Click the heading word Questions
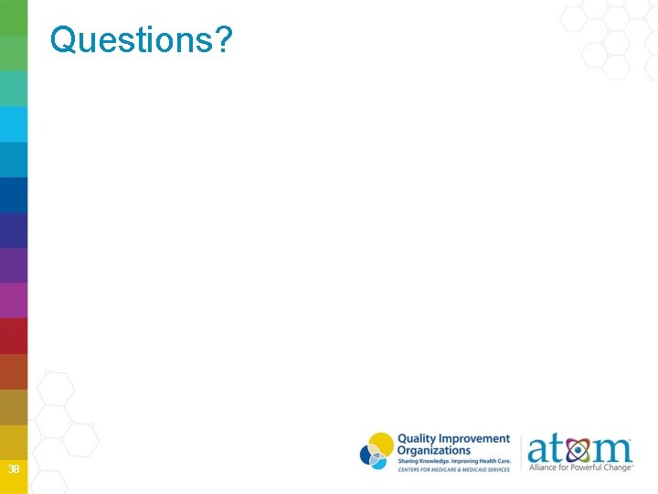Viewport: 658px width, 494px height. coord(133,39)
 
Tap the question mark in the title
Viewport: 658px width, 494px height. coord(224,39)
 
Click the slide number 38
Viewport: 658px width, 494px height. coord(13,469)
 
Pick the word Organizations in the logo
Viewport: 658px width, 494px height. coord(433,450)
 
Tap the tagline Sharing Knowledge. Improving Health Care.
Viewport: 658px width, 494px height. coord(453,461)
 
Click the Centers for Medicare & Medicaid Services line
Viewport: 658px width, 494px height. coord(453,469)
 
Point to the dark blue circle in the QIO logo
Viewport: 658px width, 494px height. coord(369,453)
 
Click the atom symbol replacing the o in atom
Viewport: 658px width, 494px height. coord(577,451)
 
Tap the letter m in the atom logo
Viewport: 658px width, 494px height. coord(611,451)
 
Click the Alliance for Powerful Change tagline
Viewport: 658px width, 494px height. coord(581,468)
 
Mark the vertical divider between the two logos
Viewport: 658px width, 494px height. coord(521,453)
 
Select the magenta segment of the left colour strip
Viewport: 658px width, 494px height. coord(14,300)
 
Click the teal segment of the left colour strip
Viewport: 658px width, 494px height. coord(14,89)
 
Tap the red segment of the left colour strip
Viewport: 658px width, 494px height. coord(14,336)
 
